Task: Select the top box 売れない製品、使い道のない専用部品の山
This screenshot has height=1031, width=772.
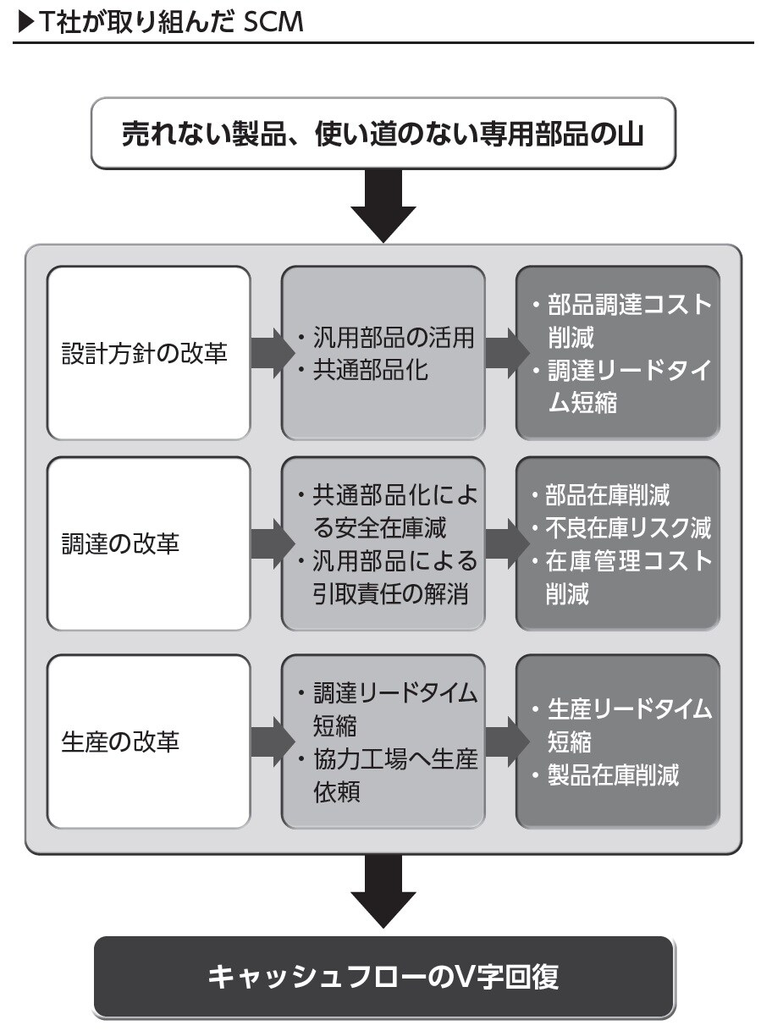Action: tap(383, 134)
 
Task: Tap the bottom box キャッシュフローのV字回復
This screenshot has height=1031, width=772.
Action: tap(383, 977)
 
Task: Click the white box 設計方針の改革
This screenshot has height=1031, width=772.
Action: tap(149, 353)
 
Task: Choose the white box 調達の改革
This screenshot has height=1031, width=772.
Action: tap(149, 543)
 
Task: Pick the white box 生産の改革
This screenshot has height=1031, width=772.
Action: tap(149, 742)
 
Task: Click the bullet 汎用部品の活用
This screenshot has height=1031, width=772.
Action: tap(389, 338)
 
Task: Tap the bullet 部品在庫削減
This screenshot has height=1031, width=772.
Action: tap(608, 495)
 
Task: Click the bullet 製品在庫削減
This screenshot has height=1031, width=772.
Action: tap(611, 775)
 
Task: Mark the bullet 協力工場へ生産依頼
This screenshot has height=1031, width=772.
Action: tap(389, 775)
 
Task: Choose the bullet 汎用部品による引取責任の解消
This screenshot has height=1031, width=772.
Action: tap(389, 578)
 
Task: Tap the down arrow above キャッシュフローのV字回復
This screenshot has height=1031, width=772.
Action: tap(383, 891)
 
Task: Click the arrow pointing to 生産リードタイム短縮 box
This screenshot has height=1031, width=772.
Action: tap(501, 742)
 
